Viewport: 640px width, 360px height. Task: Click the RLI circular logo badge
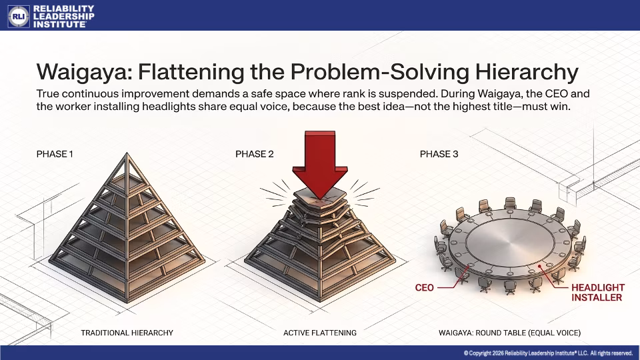point(19,16)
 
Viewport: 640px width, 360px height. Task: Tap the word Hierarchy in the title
point(526,73)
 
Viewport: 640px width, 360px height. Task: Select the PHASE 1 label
point(55,154)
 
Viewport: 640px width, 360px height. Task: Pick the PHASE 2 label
point(254,154)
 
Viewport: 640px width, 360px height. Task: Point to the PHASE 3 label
point(439,154)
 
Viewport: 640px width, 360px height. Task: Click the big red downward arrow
point(320,163)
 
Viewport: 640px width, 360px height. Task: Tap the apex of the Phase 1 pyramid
point(127,153)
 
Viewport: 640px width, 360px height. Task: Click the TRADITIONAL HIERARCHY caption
point(127,333)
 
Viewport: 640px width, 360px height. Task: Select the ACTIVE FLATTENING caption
point(320,333)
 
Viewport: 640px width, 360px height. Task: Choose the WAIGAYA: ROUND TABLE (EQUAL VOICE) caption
point(509,333)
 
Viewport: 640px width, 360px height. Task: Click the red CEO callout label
point(424,288)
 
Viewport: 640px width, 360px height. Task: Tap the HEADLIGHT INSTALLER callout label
point(597,292)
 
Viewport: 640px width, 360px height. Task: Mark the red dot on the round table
point(539,266)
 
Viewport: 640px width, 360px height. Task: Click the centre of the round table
point(510,241)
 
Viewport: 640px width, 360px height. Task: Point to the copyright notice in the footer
point(548,353)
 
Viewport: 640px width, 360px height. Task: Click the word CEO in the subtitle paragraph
point(556,94)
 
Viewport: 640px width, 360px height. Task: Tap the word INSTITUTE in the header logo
point(59,24)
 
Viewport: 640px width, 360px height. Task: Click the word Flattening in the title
point(191,73)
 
